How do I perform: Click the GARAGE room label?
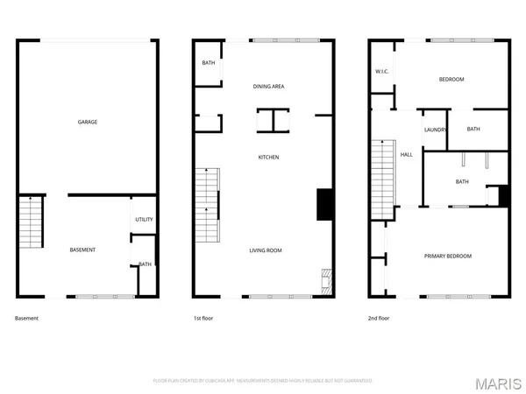(87, 122)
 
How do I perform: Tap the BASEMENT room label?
(82, 250)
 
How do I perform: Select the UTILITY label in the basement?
(144, 219)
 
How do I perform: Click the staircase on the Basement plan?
(31, 222)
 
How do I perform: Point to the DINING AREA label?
(268, 87)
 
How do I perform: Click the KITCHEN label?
(268, 157)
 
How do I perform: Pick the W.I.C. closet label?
(382, 71)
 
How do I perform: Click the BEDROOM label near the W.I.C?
(451, 80)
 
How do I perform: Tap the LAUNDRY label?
(435, 130)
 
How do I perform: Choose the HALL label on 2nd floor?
(407, 155)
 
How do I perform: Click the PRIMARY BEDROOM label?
(448, 256)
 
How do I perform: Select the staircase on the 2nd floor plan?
(381, 181)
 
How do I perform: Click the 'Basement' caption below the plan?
(27, 318)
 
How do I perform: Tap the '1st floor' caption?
(203, 318)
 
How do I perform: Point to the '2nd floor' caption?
(379, 318)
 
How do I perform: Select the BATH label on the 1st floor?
(209, 63)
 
